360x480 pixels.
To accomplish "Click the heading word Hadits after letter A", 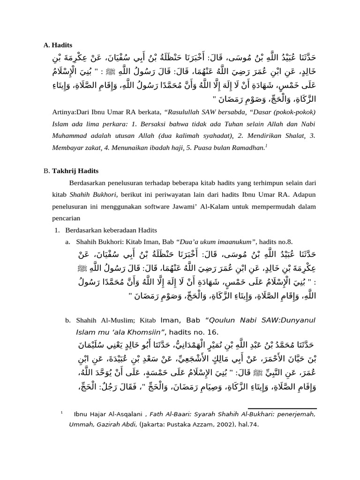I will pyautogui.click(x=62, y=45).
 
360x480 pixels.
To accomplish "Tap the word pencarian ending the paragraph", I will pyautogui.click(x=66, y=218).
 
